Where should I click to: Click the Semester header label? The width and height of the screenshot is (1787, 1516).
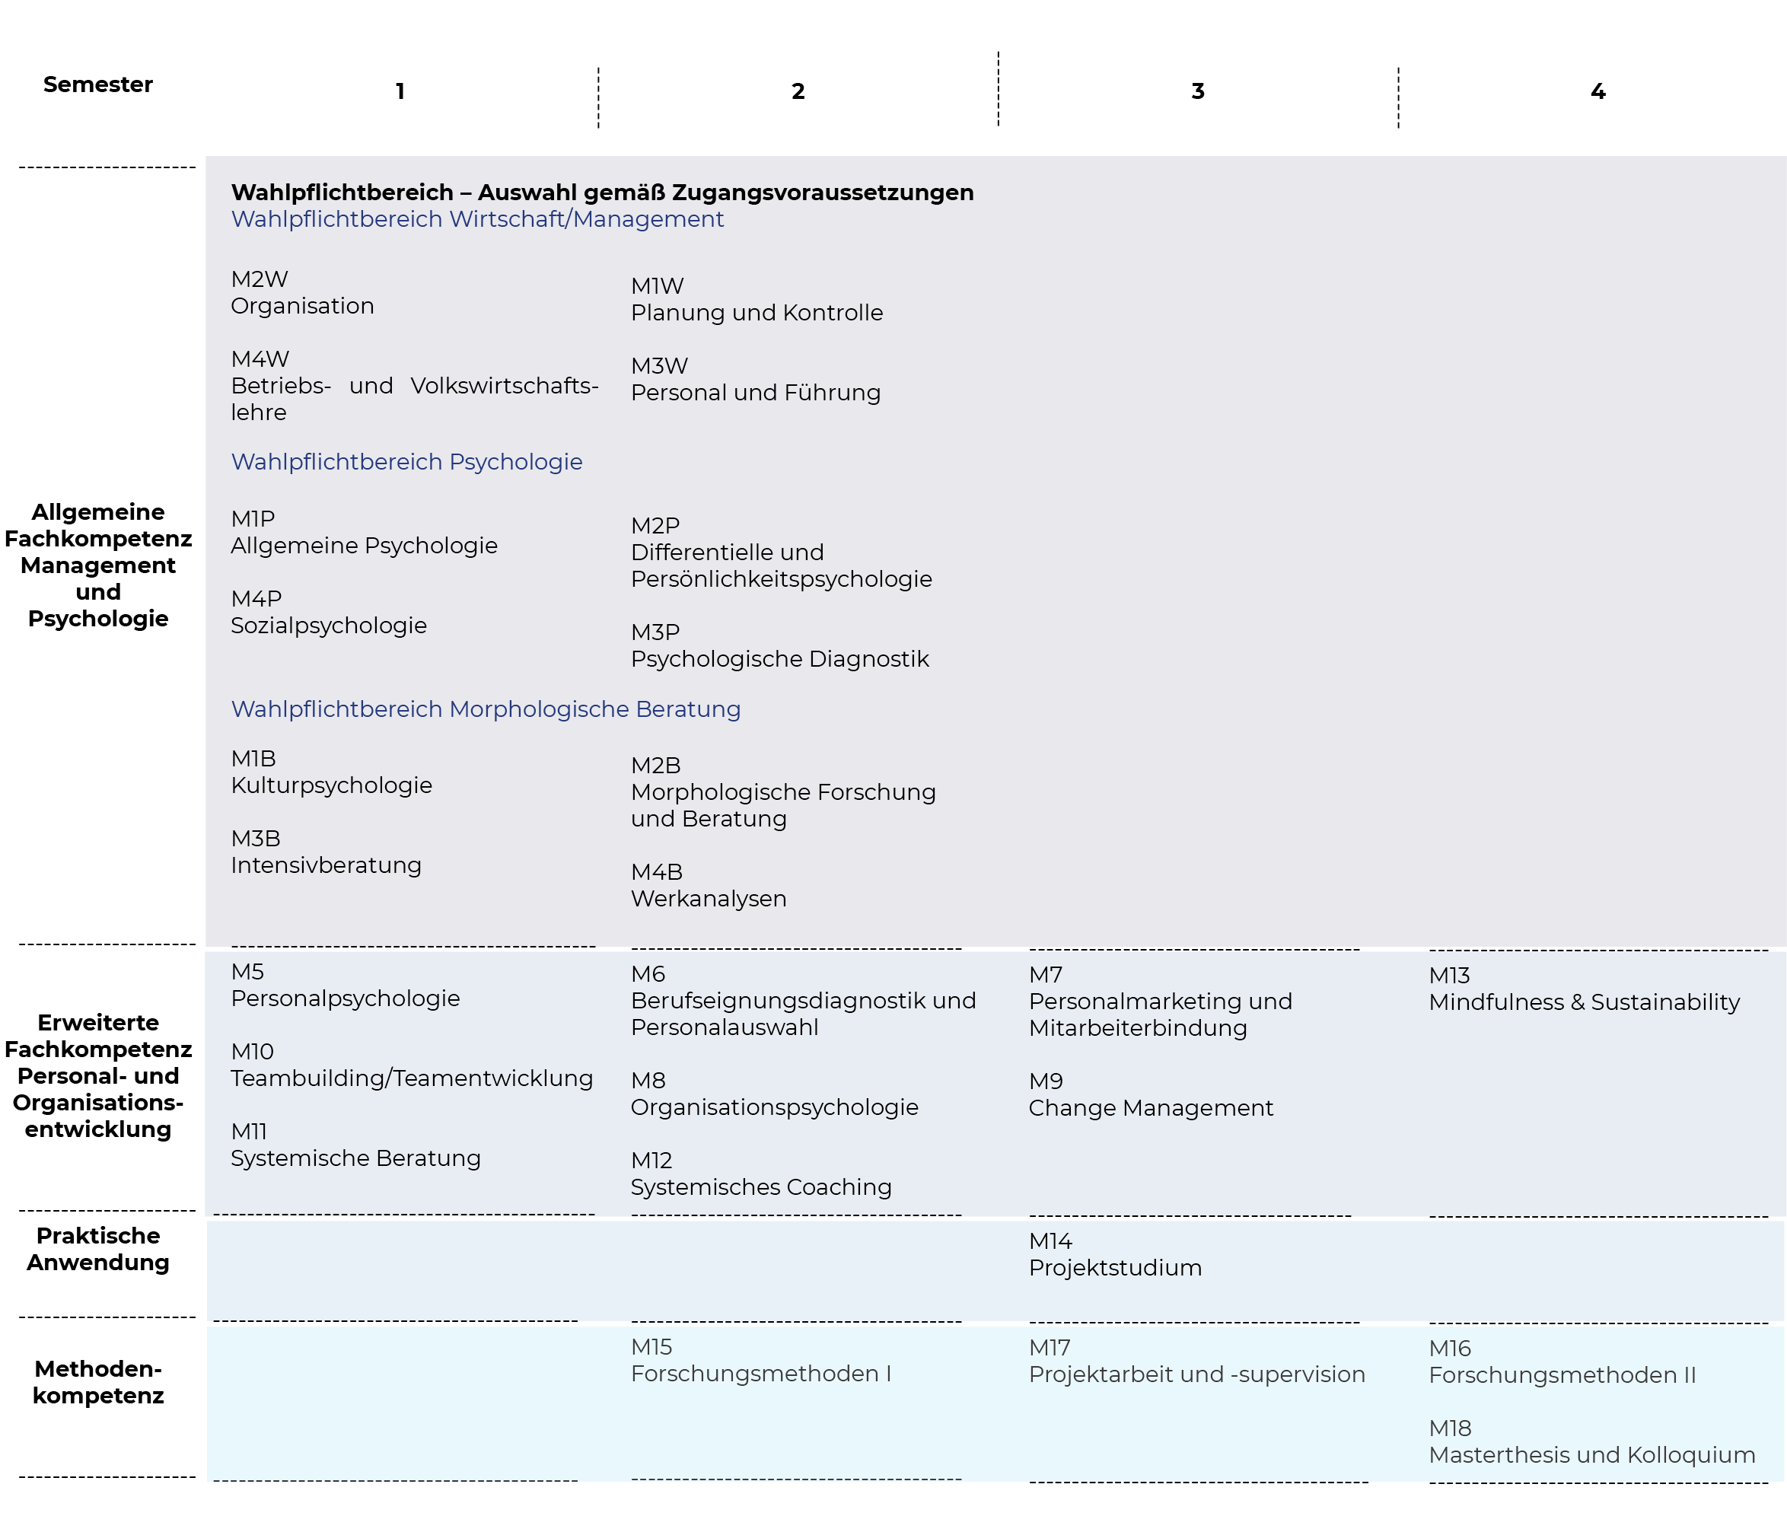[98, 84]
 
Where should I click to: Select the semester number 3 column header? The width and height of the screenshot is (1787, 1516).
[1197, 91]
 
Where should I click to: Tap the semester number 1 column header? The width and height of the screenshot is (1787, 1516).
[400, 91]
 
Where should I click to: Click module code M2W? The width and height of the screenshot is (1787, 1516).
[260, 279]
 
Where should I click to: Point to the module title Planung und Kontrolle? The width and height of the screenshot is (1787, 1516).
[757, 313]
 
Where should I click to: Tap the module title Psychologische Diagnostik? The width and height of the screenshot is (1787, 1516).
[779, 659]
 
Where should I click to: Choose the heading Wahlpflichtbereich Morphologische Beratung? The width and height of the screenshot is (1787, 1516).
[486, 710]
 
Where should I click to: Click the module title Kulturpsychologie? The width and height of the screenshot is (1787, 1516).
[331, 785]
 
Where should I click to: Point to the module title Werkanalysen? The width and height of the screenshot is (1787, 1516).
[709, 899]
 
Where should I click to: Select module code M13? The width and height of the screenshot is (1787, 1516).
[1449, 976]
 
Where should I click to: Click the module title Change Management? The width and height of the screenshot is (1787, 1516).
[1151, 1109]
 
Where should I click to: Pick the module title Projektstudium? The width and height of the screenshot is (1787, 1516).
[1115, 1269]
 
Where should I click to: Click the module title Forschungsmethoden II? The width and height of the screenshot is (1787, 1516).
[1562, 1376]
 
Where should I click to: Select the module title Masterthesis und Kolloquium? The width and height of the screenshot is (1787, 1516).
[1592, 1456]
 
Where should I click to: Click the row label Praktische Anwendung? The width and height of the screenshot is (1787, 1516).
[98, 1250]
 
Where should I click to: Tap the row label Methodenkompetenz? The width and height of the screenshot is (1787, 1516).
[98, 1383]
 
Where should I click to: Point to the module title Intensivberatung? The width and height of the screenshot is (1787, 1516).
[326, 865]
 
